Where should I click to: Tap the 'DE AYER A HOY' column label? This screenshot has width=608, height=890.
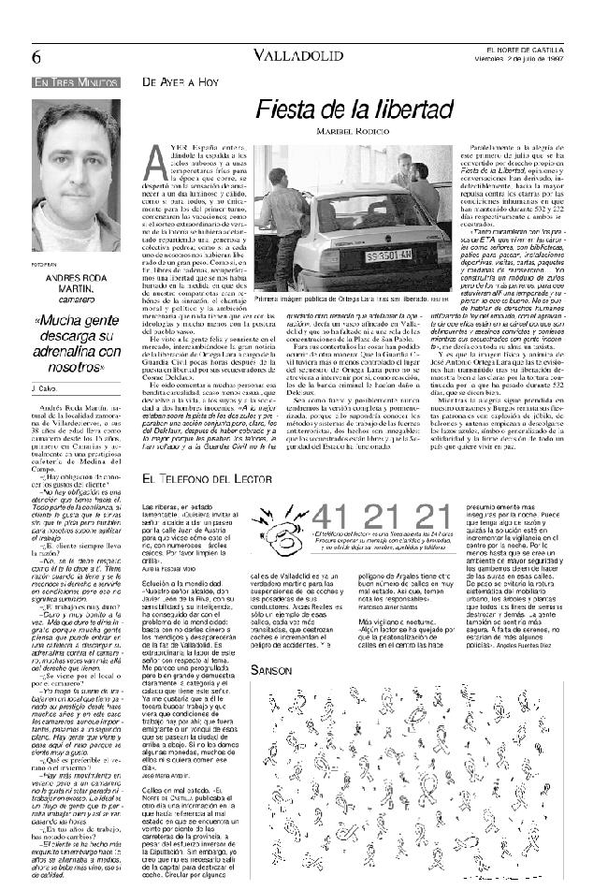click(x=174, y=82)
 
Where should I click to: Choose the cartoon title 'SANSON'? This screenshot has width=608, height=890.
click(x=270, y=670)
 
